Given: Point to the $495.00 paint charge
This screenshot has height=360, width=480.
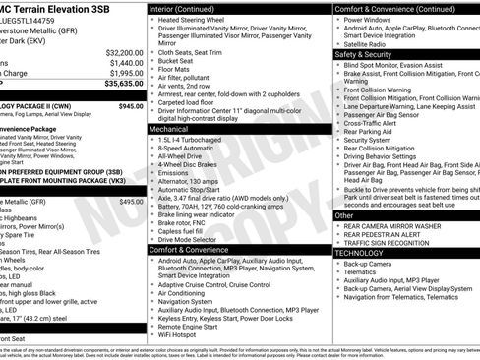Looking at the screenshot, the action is click(x=131, y=201).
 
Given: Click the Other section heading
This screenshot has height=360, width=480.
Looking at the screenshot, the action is click(x=344, y=215).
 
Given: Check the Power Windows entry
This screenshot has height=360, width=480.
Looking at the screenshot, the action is click(x=369, y=20).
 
